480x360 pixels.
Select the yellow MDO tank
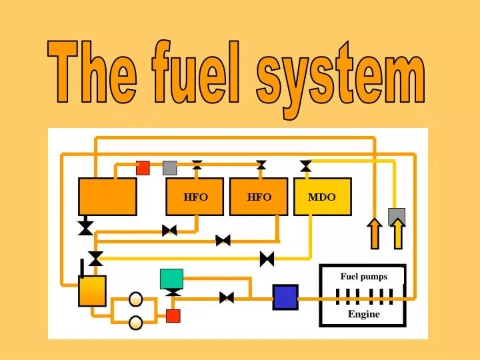tap(322, 197)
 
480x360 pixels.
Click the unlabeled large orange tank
tap(107, 197)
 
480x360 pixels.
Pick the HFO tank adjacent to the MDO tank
tap(259, 197)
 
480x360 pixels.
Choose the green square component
tap(171, 279)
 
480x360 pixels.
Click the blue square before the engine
tap(285, 297)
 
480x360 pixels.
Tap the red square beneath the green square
tap(173, 316)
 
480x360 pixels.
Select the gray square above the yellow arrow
tap(397, 217)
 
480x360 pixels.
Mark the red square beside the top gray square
tap(143, 167)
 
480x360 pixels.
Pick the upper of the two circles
tap(136, 299)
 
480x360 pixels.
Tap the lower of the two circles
tap(136, 323)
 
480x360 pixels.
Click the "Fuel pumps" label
tap(363, 277)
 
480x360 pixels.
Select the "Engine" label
tap(363, 314)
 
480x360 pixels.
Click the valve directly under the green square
tap(173, 293)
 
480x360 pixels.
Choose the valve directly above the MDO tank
tap(306, 165)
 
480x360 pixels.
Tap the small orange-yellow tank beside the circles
tap(92, 291)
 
